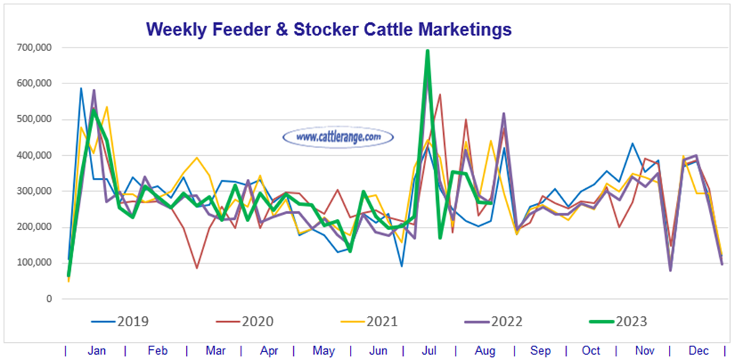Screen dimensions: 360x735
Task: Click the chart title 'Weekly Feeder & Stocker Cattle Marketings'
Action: [x=328, y=29]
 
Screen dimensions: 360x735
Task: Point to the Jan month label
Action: [x=96, y=351]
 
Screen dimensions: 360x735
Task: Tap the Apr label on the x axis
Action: [x=269, y=351]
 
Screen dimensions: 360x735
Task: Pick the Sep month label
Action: [x=540, y=351]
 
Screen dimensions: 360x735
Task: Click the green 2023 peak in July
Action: [x=427, y=51]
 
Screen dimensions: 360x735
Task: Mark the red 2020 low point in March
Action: [x=197, y=268]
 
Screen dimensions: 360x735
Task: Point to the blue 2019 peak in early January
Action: [x=81, y=88]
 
